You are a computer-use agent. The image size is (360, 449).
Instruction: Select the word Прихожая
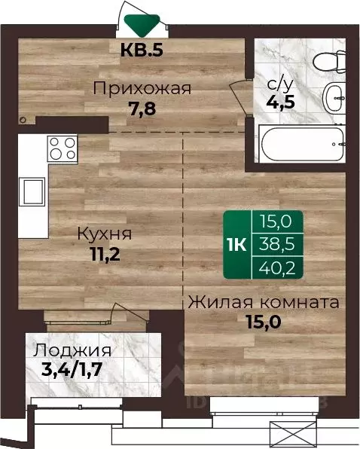tap(142, 88)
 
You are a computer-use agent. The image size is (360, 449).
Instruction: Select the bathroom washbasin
tap(334, 97)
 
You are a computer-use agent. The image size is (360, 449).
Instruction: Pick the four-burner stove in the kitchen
tap(61, 145)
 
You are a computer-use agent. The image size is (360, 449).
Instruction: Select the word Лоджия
tap(73, 350)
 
